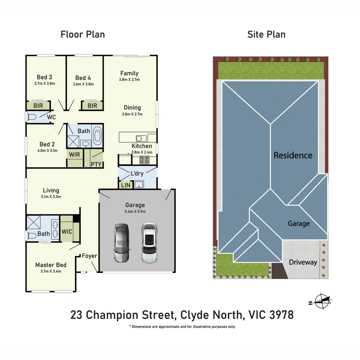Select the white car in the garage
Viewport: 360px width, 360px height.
(149, 242)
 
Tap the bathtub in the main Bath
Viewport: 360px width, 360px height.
(97, 136)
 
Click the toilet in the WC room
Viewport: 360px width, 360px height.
(32, 117)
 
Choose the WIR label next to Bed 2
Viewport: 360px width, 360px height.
(74, 154)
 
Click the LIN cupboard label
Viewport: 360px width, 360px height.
(126, 185)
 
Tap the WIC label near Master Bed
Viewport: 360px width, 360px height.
(67, 231)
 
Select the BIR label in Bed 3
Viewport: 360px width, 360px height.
(38, 106)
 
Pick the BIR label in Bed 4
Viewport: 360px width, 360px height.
(92, 106)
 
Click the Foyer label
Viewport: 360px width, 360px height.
(89, 256)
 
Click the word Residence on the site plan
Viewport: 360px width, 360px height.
(293, 155)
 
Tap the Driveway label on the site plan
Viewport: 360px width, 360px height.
(303, 262)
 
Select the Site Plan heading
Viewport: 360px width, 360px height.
(266, 34)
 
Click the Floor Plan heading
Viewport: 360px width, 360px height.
(83, 34)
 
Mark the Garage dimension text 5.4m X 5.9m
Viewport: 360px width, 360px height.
(135, 211)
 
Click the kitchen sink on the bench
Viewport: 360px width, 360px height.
(139, 138)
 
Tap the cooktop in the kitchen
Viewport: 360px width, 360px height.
(144, 162)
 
